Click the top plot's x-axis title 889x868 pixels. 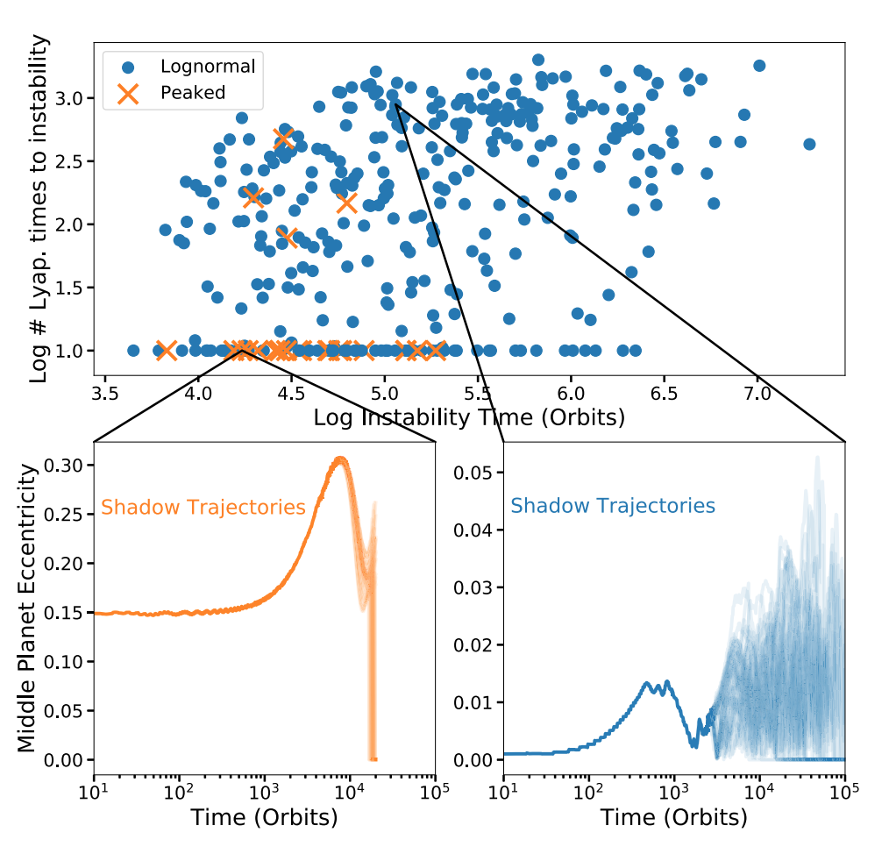(469, 418)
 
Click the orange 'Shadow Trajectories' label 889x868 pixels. (203, 507)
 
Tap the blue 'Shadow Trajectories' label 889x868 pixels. (613, 506)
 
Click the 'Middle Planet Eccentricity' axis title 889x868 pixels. (29, 608)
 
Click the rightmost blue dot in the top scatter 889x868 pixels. (809, 144)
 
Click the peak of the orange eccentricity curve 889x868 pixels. (340, 459)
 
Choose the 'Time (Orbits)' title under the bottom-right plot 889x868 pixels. (673, 818)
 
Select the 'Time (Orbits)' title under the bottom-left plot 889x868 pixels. (264, 818)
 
